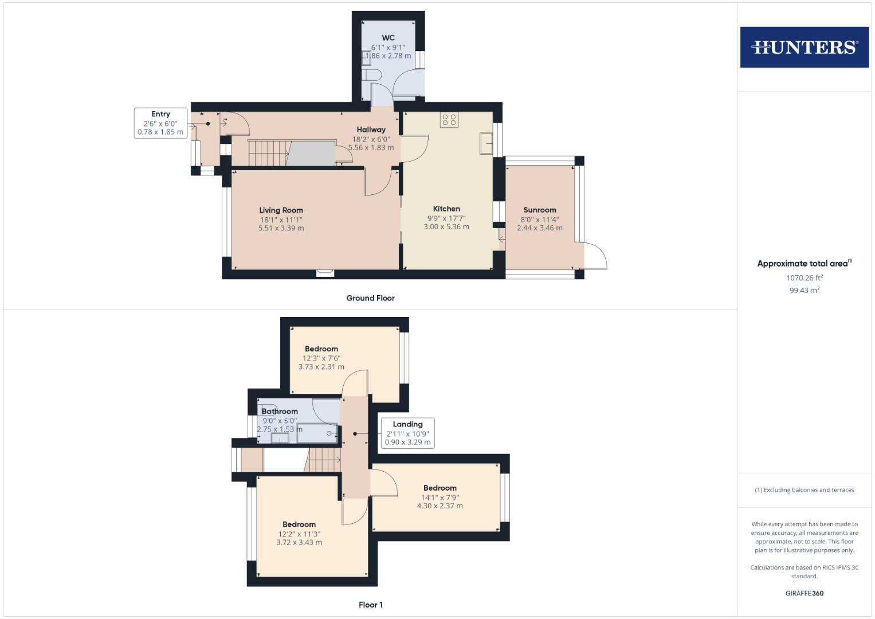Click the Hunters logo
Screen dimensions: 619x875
pos(804,47)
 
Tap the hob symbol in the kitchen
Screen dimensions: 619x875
pos(449,120)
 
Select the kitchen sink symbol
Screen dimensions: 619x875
pos(486,143)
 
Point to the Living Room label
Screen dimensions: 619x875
pos(281,210)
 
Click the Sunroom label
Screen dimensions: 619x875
pos(539,210)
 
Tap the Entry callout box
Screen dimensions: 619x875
pos(160,123)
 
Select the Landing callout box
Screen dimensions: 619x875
pos(407,433)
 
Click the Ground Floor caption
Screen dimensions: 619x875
pos(370,298)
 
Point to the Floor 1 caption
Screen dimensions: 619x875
pos(370,605)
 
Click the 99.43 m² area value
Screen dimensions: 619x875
pos(804,290)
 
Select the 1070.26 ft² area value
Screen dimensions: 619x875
pos(804,278)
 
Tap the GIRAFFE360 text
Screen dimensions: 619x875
pos(804,593)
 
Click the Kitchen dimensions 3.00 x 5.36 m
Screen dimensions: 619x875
pos(446,227)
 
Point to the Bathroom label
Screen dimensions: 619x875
pos(280,411)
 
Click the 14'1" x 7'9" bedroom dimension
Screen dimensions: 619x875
pos(440,497)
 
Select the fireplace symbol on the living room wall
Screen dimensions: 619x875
pos(324,273)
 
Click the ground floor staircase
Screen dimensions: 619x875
pos(268,153)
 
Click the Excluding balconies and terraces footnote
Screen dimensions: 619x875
pos(804,490)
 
